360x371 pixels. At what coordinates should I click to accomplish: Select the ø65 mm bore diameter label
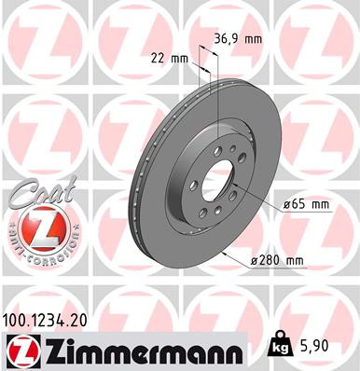click(307, 204)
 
